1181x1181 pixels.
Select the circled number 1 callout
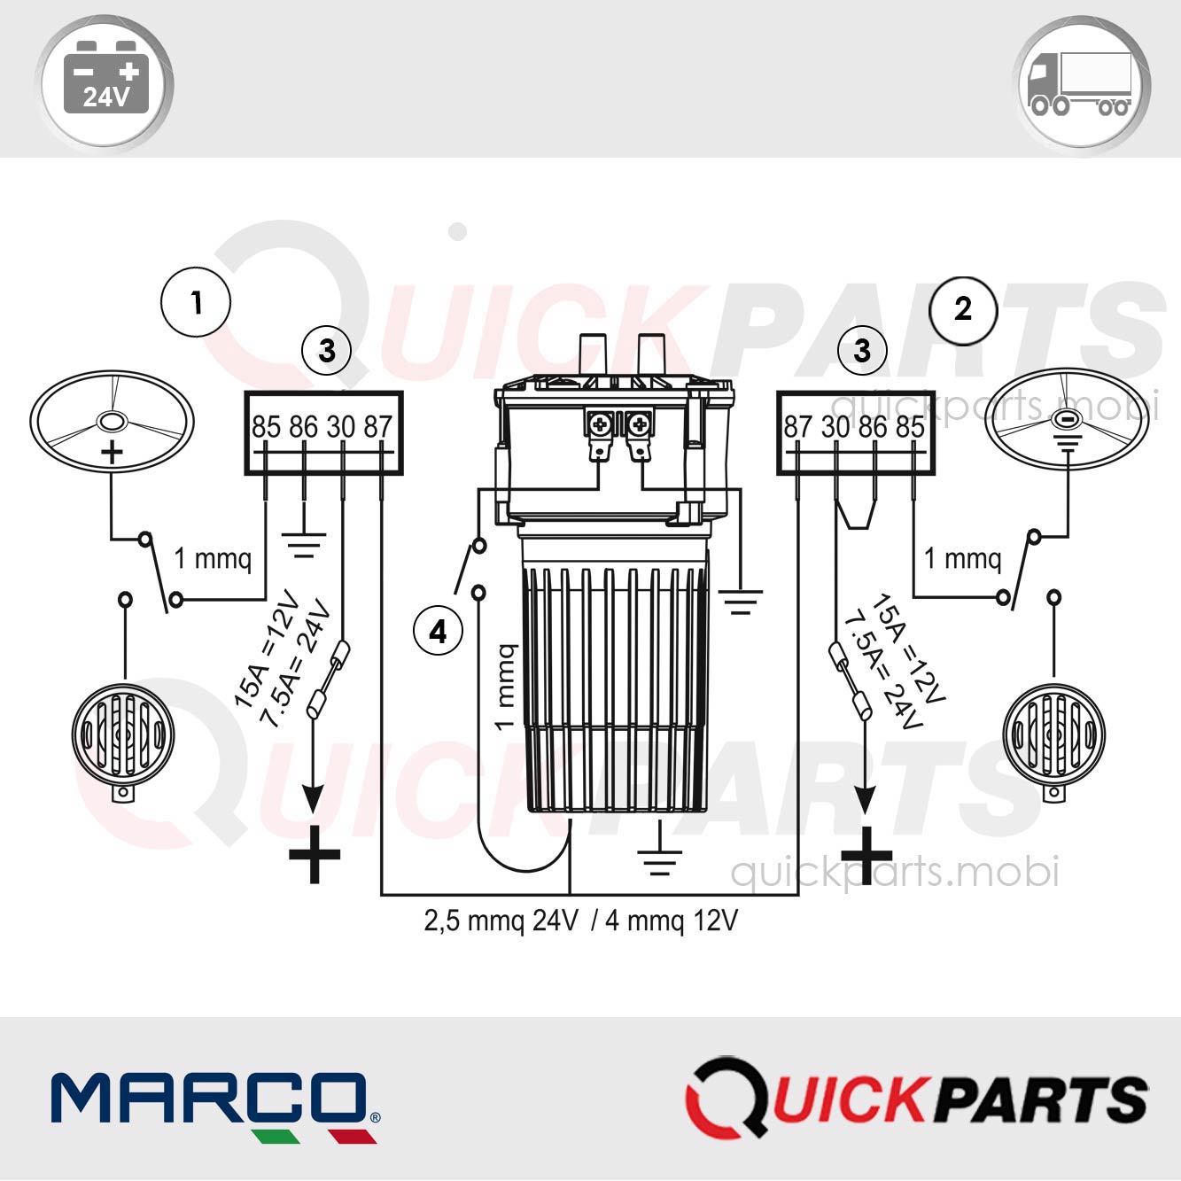196,302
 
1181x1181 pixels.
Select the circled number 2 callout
963,309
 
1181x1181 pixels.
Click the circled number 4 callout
438,632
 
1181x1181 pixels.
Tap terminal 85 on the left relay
266,427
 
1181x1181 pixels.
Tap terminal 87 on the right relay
797,427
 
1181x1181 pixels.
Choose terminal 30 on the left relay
341,427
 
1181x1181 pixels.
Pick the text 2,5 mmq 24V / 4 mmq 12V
580,921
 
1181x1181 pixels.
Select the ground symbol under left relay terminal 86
304,544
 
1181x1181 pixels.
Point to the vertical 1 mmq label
504,688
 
